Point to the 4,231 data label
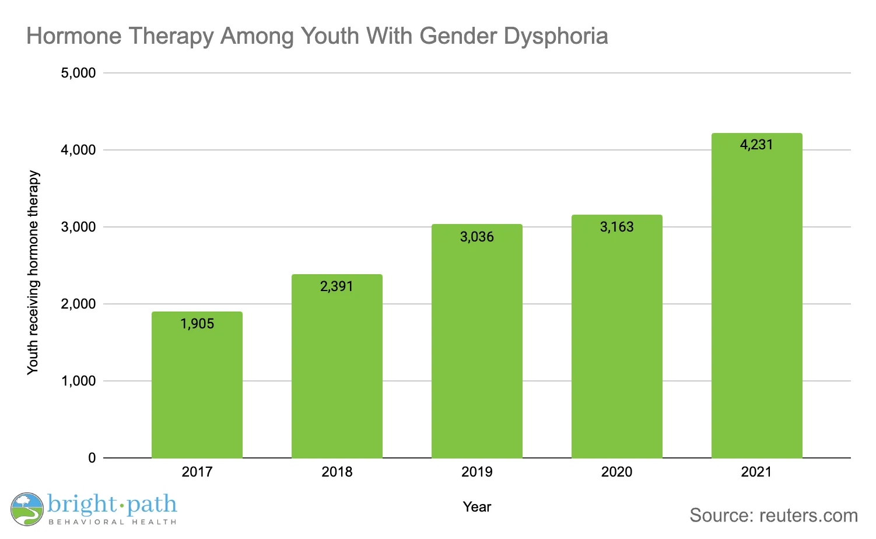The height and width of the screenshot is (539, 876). pos(756,145)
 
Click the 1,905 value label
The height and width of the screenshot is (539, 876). pos(197,324)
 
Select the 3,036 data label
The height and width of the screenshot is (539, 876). pos(477,237)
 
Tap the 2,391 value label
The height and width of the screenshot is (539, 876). pos(337,286)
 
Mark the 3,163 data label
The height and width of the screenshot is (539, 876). pos(616,227)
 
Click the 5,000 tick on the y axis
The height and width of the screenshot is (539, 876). pos(78,73)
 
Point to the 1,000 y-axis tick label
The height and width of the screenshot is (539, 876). pos(78,381)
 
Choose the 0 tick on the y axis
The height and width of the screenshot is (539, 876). pos(92,458)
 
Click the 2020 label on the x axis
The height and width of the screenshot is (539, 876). pos(616,472)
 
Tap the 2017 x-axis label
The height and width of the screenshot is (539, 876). pos(197,472)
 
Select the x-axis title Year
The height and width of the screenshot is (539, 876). pos(477,507)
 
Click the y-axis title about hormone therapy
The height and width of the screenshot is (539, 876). pos(33,272)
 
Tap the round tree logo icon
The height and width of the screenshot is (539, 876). pos(27,509)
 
